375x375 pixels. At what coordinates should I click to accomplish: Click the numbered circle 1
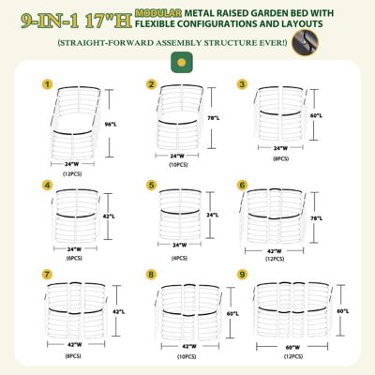pos(47,84)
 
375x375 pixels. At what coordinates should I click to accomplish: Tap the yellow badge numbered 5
pos(151,185)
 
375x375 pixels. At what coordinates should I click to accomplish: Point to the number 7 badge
pos(47,274)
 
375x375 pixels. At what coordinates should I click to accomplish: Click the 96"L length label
pos(109,123)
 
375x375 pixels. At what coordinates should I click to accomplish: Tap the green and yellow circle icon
pos(175,61)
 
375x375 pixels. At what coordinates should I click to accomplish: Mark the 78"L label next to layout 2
pos(214,118)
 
